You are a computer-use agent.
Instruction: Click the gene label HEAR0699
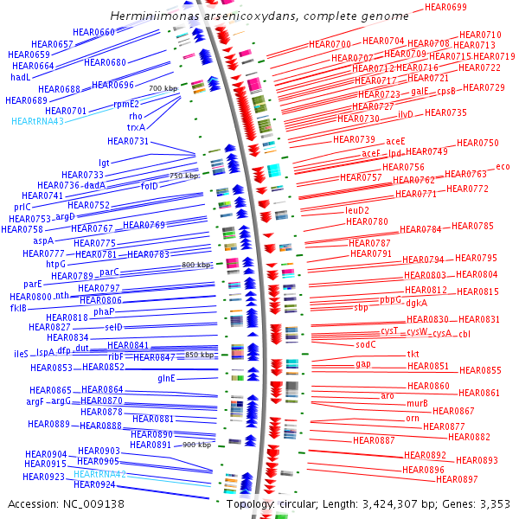(x=446, y=8)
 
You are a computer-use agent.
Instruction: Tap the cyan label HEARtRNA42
(x=100, y=474)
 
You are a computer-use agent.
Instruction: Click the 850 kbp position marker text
(x=199, y=356)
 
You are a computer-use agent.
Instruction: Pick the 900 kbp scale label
(x=197, y=445)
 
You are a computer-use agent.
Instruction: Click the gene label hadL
(x=20, y=77)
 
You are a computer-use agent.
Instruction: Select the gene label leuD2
(x=357, y=210)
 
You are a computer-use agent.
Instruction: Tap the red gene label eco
(x=503, y=167)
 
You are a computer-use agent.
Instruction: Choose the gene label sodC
(x=366, y=344)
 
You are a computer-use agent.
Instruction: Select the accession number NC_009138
(x=93, y=503)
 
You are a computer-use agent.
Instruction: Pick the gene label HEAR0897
(x=457, y=479)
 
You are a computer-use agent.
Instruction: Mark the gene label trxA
(x=136, y=127)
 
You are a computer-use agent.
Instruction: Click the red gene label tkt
(x=413, y=355)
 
